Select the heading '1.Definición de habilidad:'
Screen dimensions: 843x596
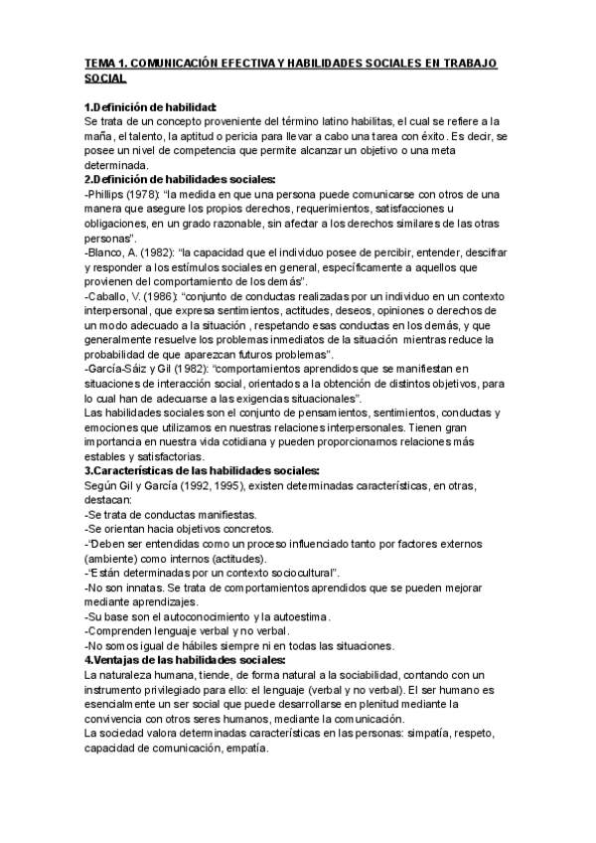click(151, 105)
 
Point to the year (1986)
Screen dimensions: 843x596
click(162, 299)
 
